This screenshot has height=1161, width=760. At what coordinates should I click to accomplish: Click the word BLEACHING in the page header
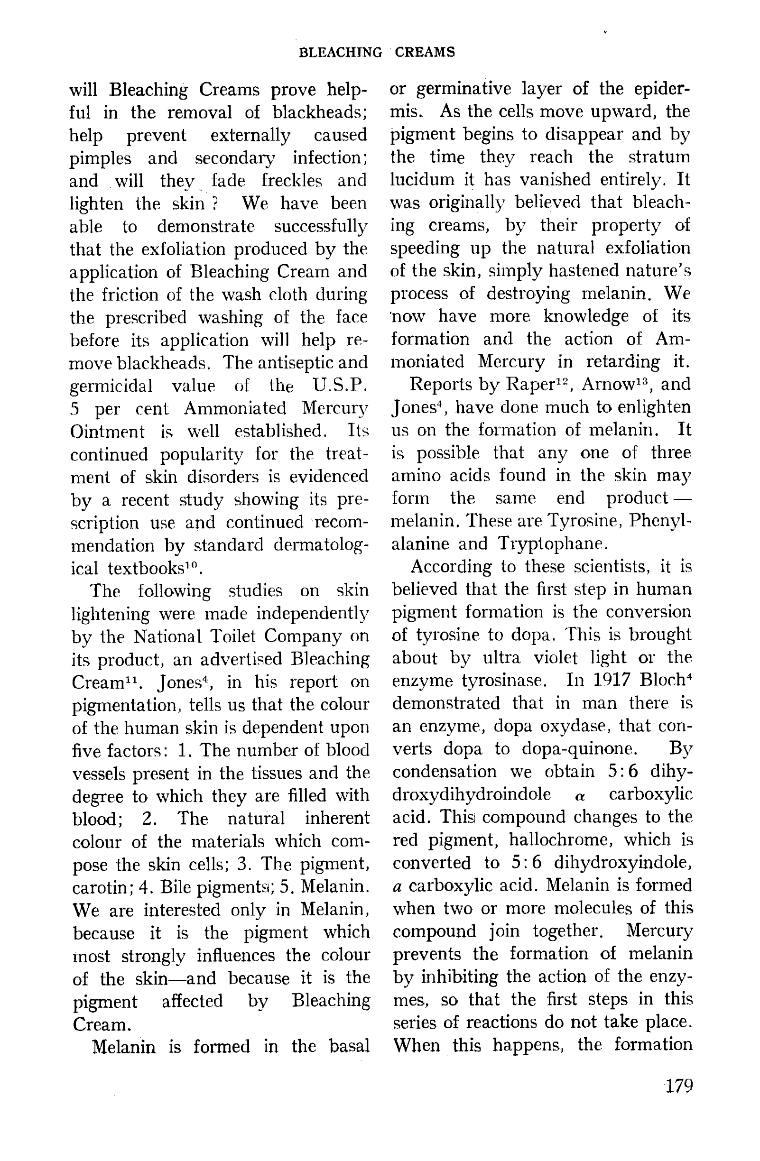[340, 52]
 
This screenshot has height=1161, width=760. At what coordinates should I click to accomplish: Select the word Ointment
[107, 432]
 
